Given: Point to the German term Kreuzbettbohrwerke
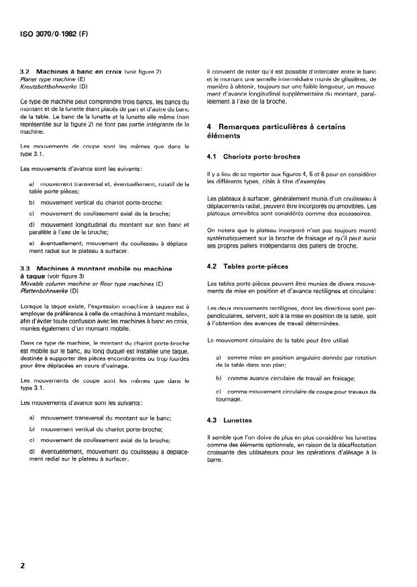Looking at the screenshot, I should point(50,86).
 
